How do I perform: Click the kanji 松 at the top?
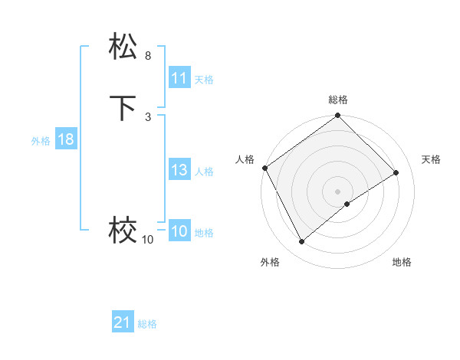click(123, 47)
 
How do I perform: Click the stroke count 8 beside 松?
click(148, 56)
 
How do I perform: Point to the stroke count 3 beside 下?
click(148, 116)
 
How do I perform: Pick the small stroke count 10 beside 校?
click(147, 240)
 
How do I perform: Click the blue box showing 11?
click(179, 78)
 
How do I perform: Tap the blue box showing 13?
click(179, 170)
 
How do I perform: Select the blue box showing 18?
click(65, 139)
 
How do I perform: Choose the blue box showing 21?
click(123, 322)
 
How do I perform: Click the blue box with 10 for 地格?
click(179, 232)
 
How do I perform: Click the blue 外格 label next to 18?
click(41, 141)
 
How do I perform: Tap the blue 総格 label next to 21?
click(147, 324)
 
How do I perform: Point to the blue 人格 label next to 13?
click(205, 172)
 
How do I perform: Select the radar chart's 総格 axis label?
click(338, 100)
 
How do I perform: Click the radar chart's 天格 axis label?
click(432, 159)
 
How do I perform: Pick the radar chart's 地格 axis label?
click(402, 263)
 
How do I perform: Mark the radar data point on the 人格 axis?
click(264, 168)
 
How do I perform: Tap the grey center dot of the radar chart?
click(338, 191)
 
